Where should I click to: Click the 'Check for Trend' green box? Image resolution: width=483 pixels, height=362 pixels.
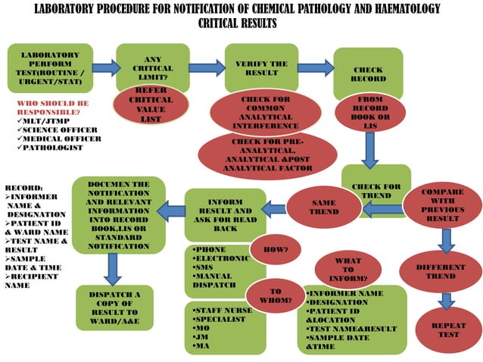[x=376, y=186]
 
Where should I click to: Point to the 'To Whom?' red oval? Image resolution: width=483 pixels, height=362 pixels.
[x=275, y=296]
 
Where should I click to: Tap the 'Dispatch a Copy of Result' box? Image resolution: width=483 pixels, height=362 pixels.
[x=114, y=305]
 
